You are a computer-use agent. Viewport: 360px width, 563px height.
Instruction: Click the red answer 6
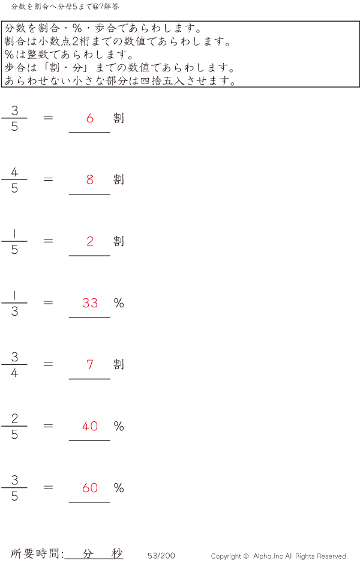point(90,118)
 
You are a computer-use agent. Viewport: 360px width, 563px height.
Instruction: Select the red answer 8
point(90,179)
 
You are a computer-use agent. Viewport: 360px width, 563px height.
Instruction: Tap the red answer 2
point(90,241)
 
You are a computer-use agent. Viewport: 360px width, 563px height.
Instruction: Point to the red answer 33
point(90,303)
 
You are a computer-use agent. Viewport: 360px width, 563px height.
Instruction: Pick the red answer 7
point(90,364)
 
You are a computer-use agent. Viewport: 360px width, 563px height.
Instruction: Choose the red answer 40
point(90,426)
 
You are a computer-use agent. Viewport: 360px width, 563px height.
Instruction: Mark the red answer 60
point(90,488)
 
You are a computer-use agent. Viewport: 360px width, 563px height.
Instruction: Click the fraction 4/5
point(14,180)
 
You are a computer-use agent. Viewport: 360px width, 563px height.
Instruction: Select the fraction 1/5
point(14,242)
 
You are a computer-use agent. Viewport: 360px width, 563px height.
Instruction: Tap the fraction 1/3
point(14,303)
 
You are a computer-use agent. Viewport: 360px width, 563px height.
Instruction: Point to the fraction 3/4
point(14,365)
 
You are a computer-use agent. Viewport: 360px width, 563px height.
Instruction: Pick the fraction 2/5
point(14,427)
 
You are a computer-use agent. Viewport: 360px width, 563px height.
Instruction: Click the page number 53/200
point(161,556)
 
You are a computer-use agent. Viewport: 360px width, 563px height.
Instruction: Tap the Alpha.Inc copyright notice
point(279,556)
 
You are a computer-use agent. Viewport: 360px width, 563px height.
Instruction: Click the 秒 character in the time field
point(116,553)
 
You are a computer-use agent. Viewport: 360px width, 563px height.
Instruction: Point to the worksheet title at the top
point(65,7)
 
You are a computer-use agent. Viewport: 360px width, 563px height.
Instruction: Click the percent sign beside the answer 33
point(119,303)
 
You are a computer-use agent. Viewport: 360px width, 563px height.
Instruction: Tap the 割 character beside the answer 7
point(119,364)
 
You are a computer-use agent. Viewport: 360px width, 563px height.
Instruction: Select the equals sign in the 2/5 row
point(49,426)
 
